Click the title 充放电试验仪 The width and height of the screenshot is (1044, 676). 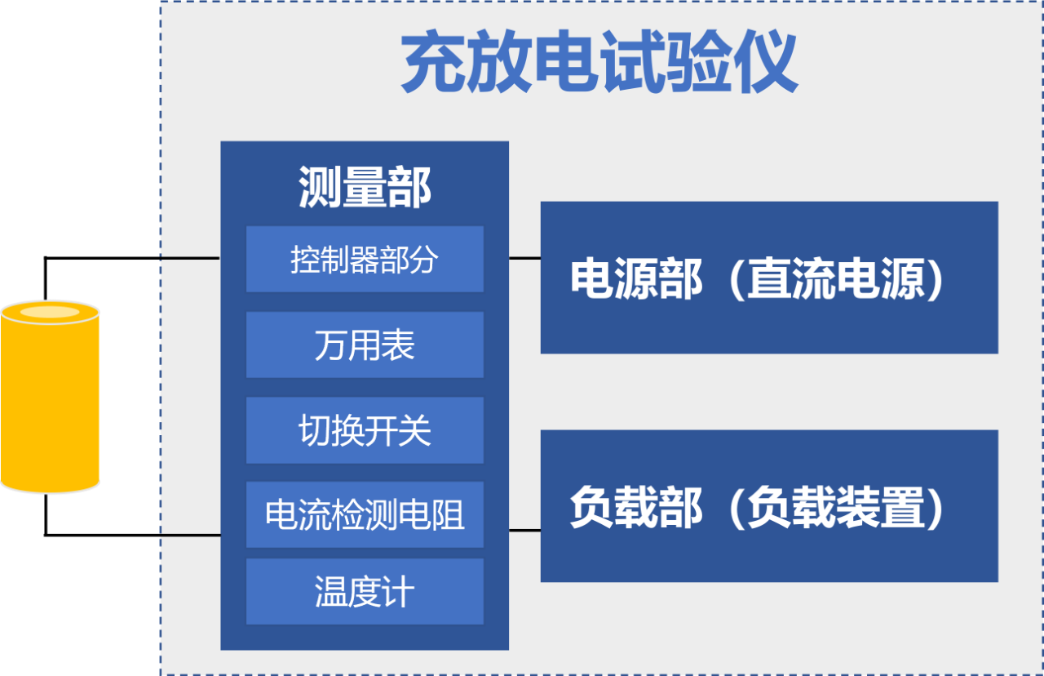[599, 60]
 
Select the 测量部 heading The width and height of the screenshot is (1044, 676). [365, 187]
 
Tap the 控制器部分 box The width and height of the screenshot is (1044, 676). [365, 260]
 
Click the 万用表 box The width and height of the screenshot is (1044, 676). [365, 345]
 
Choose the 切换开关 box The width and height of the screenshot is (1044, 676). [365, 430]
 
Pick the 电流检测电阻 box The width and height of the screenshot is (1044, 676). [365, 514]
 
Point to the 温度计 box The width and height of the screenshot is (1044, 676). [365, 592]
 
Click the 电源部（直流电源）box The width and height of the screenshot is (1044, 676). [769, 278]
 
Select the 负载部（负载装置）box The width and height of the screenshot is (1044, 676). [769, 506]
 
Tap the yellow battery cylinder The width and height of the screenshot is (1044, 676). [50, 397]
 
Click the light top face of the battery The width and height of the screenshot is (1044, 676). [50, 312]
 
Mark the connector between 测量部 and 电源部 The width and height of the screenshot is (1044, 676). [524, 258]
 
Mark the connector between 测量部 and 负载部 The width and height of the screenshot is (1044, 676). [524, 531]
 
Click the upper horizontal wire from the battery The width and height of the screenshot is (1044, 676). [132, 258]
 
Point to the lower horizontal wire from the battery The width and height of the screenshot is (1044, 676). [132, 535]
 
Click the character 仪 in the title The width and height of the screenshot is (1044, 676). [766, 60]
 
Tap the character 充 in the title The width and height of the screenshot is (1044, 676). [433, 60]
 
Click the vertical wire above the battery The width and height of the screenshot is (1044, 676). [46, 279]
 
